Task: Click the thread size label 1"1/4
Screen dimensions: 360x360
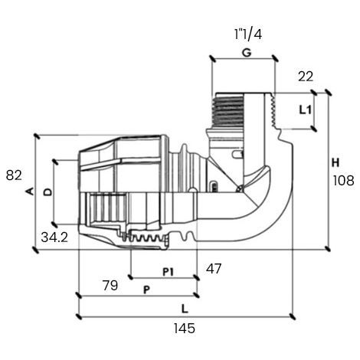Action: pos(248,34)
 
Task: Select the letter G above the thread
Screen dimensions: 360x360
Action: pos(247,53)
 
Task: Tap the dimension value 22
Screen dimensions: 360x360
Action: pos(306,77)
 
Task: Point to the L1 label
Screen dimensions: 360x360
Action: pos(306,110)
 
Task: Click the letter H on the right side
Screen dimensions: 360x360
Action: pos(335,162)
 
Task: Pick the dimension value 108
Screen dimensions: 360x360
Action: pos(343,181)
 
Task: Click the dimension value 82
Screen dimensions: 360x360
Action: pos(14,175)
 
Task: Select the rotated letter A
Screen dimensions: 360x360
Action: pos(30,191)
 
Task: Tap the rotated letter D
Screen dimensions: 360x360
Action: pos(47,192)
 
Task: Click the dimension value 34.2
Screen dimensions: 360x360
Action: pos(54,237)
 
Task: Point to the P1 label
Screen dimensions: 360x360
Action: pos(168,272)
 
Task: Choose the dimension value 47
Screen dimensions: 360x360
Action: pos(214,269)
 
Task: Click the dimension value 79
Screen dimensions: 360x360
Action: pos(110,285)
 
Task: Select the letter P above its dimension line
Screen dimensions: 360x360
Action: pos(146,290)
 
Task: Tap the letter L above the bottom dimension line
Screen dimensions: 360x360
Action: pos(185,309)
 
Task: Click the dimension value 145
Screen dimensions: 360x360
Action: pos(185,328)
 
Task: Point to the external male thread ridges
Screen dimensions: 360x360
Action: pos(228,111)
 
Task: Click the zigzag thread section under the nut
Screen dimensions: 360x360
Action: pos(146,238)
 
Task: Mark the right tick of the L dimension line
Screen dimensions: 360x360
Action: pos(293,316)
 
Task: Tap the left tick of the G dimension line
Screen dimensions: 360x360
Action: pos(212,58)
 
